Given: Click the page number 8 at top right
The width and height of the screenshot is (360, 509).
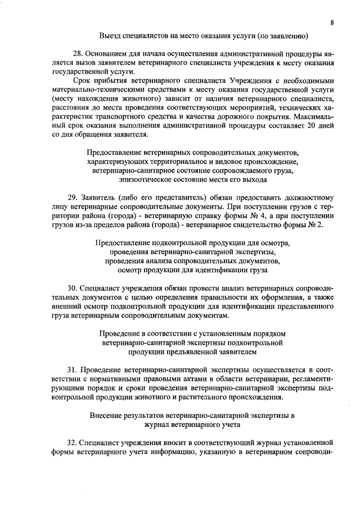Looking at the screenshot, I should [332, 22].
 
